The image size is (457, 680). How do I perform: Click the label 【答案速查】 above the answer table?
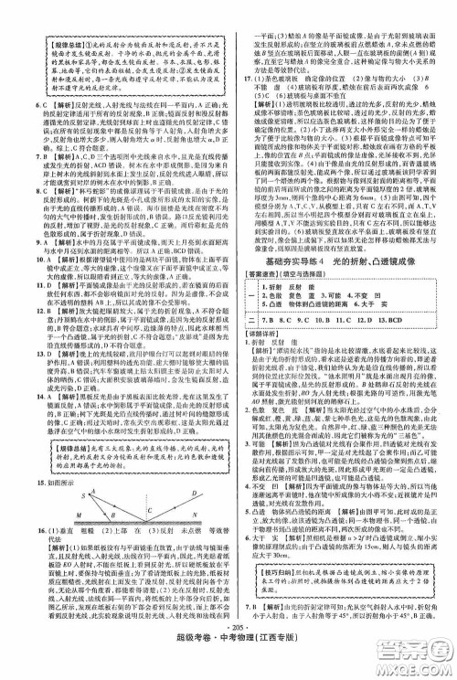click(x=260, y=301)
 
